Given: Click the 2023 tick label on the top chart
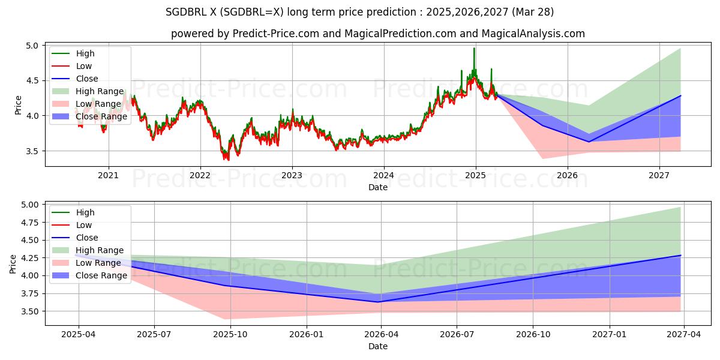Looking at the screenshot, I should click(x=292, y=175).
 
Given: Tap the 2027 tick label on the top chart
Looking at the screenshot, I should click(x=659, y=175).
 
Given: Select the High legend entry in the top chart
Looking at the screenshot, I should click(x=85, y=53).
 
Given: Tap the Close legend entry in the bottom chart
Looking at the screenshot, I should click(x=87, y=238).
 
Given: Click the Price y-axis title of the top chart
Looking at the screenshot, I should click(x=18, y=105).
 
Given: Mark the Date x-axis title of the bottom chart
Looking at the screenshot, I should click(x=378, y=346).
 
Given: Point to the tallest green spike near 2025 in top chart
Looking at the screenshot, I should click(x=474, y=49).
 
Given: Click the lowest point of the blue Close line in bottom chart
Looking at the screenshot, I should click(x=378, y=302).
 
